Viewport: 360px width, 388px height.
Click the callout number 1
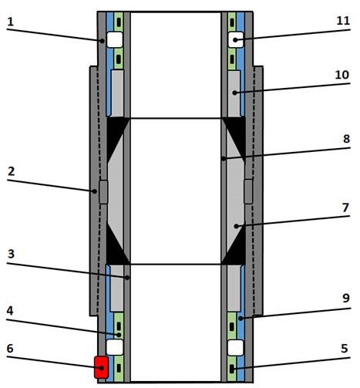pos(10,22)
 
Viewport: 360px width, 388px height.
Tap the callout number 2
pos(11,171)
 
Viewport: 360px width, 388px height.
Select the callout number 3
pos(11,254)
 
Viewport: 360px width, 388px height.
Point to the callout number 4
pos(10,311)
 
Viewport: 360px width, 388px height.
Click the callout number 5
pos(345,349)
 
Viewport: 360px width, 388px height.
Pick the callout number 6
pos(10,349)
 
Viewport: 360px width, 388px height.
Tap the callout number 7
pos(345,207)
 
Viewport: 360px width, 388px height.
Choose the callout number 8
pos(346,139)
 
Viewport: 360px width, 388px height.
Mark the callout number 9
pos(346,298)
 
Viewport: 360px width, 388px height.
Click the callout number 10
pos(342,75)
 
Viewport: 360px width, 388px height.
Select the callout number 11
pos(343,21)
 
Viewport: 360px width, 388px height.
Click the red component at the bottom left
pos(101,367)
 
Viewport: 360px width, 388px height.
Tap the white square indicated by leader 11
pos(236,39)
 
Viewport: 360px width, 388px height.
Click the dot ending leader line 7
pos(237,226)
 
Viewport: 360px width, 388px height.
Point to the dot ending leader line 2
pos(95,191)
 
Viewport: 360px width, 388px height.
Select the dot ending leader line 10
pos(234,93)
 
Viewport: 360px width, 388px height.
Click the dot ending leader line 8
pos(224,159)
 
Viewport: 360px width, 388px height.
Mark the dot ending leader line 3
pos(127,278)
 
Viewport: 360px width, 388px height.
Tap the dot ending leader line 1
pos(102,41)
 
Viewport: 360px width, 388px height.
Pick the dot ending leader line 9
pos(241,319)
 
